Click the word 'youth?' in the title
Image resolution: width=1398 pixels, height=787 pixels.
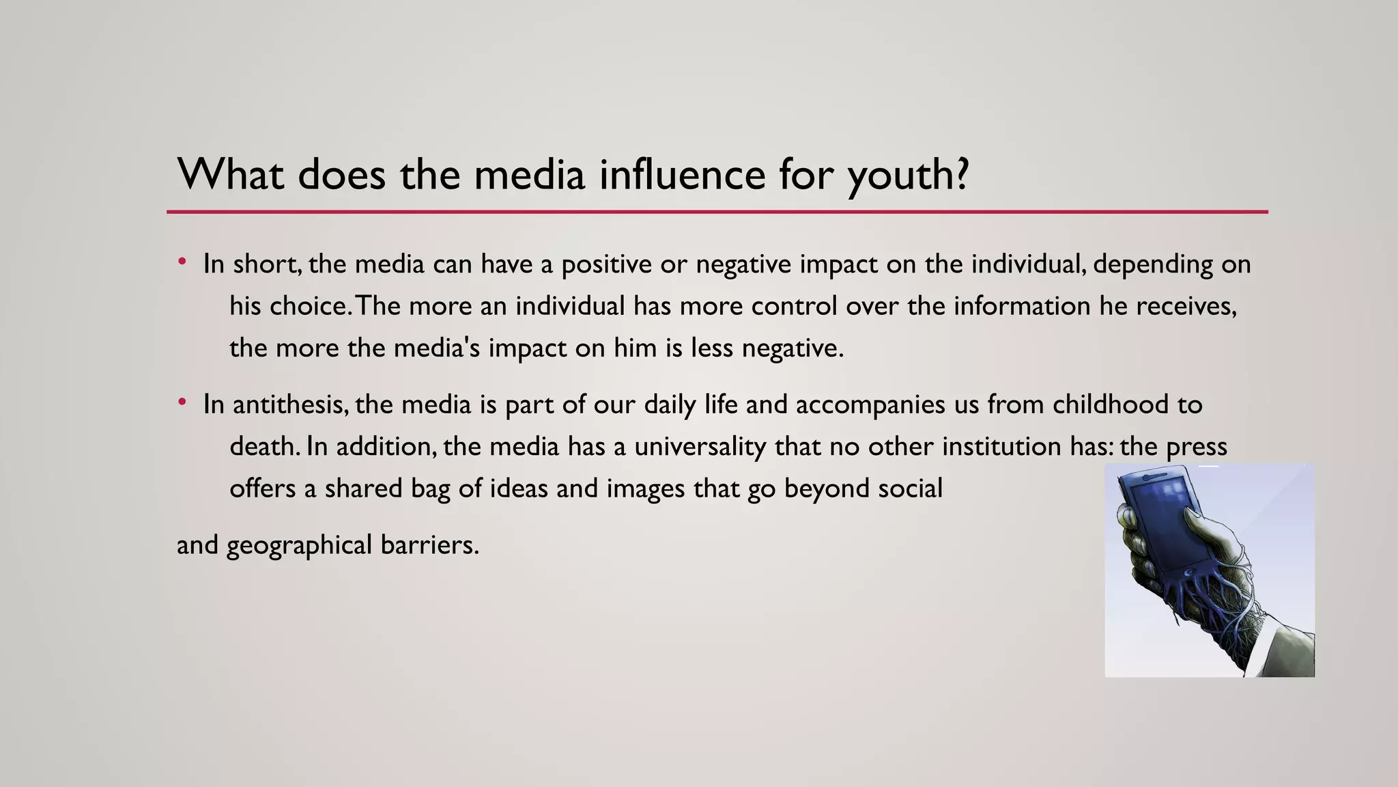tap(908, 175)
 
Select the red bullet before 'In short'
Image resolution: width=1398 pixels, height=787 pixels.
tap(182, 262)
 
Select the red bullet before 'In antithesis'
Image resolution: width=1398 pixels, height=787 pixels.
tap(182, 402)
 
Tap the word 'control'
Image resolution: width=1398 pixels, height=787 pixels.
tap(794, 306)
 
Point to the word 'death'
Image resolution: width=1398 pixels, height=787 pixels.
tap(263, 447)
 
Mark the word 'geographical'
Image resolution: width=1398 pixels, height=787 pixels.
tap(299, 546)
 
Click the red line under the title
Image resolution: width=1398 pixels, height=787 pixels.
tap(717, 212)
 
